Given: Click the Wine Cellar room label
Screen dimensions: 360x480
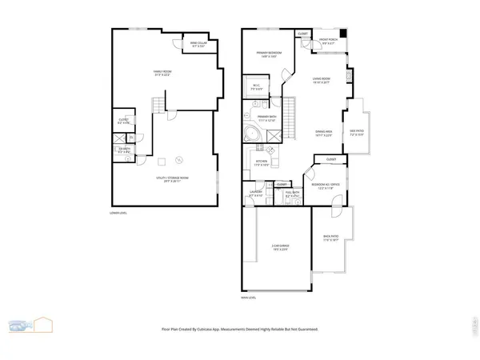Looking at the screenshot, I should point(198,46).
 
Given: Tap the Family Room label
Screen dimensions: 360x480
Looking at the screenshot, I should point(163,73).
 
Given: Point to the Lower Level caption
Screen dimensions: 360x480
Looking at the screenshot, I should point(119,213).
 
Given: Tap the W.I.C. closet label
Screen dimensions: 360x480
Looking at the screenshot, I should point(257,89).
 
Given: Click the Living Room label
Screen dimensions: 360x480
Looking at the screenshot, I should point(321,80).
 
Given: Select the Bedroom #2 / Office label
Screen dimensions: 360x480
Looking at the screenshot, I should point(316,187).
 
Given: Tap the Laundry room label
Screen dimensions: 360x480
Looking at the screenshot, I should point(256,194).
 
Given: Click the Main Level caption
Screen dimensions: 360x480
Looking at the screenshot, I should point(248,297).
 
